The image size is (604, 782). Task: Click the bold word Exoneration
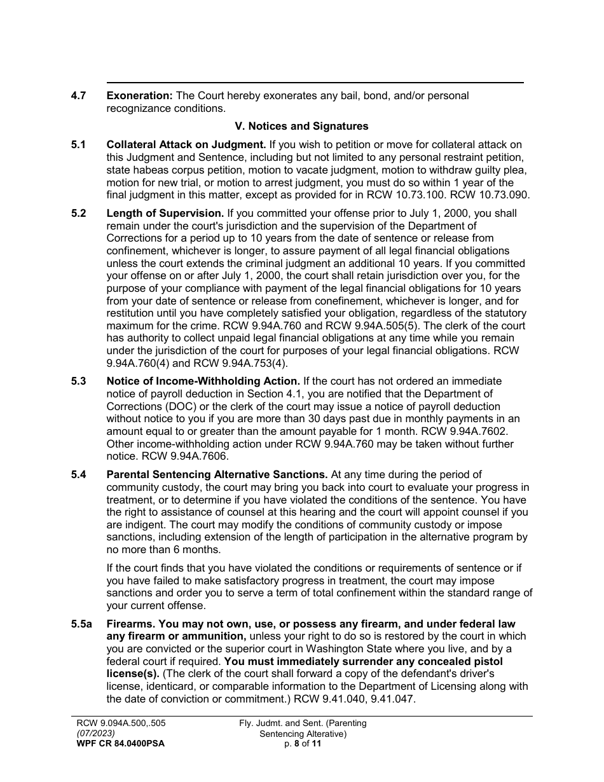139,96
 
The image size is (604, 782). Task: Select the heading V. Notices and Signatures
301,127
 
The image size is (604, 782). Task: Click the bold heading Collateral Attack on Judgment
186,145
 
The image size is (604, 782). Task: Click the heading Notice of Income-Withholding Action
203,381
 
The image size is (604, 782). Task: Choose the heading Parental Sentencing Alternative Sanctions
217,475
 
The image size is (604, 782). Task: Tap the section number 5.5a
81,624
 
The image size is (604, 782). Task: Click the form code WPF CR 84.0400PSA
120,743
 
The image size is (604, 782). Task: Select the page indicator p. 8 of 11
303,743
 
